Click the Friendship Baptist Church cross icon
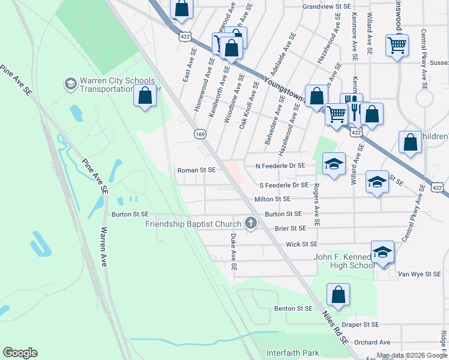tap(251, 224)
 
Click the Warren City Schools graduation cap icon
tap(71, 83)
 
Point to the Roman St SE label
tap(196, 170)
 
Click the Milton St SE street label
tap(272, 199)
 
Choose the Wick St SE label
tap(301, 244)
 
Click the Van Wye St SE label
tap(420, 274)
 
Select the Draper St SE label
tap(360, 324)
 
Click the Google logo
tap(20, 353)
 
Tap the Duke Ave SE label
tap(233, 251)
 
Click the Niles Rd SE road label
tap(335, 328)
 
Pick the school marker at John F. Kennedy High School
tap(382, 253)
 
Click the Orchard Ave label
tap(372, 342)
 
